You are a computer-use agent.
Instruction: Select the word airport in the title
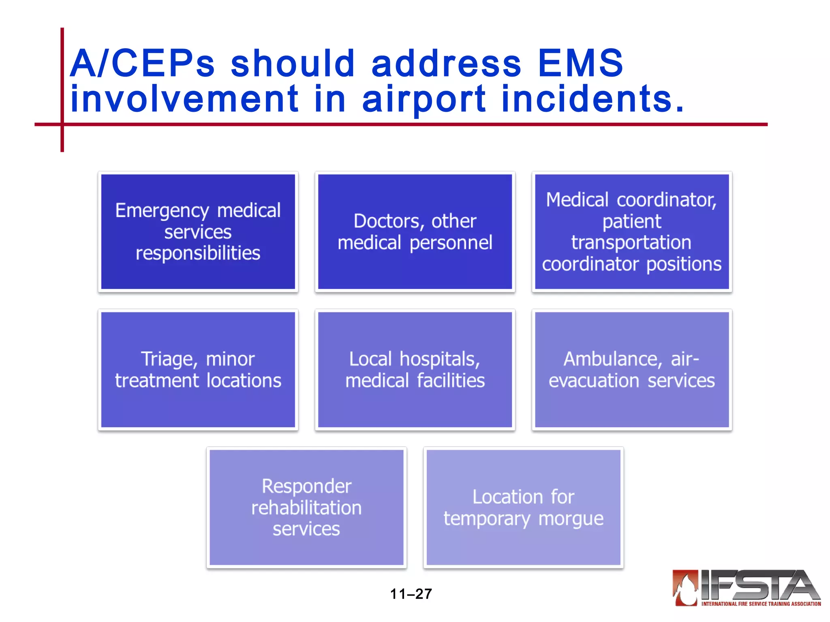click(424, 100)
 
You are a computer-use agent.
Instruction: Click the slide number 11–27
click(411, 594)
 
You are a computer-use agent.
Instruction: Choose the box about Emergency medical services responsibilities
click(198, 232)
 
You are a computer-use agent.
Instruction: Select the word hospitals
click(440, 359)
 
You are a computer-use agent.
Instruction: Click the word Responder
click(306, 486)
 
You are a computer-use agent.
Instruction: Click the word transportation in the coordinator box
click(631, 243)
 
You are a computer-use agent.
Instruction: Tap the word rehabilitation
click(306, 508)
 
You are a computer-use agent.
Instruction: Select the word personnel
click(451, 243)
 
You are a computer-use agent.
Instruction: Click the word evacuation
click(594, 381)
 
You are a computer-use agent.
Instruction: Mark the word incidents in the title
click(593, 100)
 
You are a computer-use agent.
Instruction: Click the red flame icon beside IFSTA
click(686, 588)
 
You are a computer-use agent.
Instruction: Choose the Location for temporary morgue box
click(523, 507)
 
